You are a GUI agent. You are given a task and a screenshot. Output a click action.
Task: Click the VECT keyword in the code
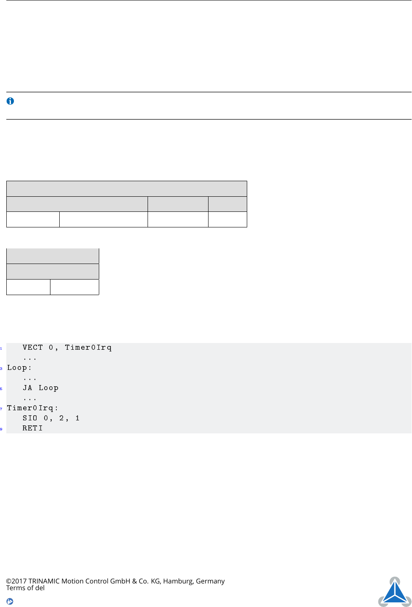pyautogui.click(x=33, y=348)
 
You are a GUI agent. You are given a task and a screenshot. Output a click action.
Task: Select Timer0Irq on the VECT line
pyautogui.click(x=88, y=348)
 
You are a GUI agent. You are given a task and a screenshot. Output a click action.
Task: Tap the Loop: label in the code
pyautogui.click(x=19, y=368)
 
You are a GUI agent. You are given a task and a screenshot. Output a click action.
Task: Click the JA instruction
pyautogui.click(x=27, y=388)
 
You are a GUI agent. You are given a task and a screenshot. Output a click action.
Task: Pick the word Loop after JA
pyautogui.click(x=48, y=388)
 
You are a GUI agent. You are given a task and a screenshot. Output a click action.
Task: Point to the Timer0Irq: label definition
pyautogui.click(x=32, y=408)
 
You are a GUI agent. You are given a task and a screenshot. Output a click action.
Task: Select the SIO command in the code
pyautogui.click(x=30, y=418)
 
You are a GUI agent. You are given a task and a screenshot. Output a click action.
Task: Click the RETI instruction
pyautogui.click(x=32, y=428)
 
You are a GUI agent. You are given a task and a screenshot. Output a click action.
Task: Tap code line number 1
pyautogui.click(x=1, y=348)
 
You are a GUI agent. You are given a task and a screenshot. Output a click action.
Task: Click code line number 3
pyautogui.click(x=1, y=369)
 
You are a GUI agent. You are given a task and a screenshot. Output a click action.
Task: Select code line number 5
pyautogui.click(x=1, y=389)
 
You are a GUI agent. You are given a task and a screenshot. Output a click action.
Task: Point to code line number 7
pyautogui.click(x=1, y=409)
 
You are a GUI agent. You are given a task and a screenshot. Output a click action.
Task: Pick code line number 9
pyautogui.click(x=1, y=429)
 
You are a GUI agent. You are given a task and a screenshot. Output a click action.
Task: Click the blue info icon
pyautogui.click(x=11, y=101)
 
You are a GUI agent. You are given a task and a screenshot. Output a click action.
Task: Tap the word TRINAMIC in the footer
pyautogui.click(x=44, y=581)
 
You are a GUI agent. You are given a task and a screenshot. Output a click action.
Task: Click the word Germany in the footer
pyautogui.click(x=210, y=581)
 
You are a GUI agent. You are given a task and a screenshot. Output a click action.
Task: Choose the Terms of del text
pyautogui.click(x=25, y=588)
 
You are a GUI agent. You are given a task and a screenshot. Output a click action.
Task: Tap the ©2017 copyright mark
pyautogui.click(x=16, y=581)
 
